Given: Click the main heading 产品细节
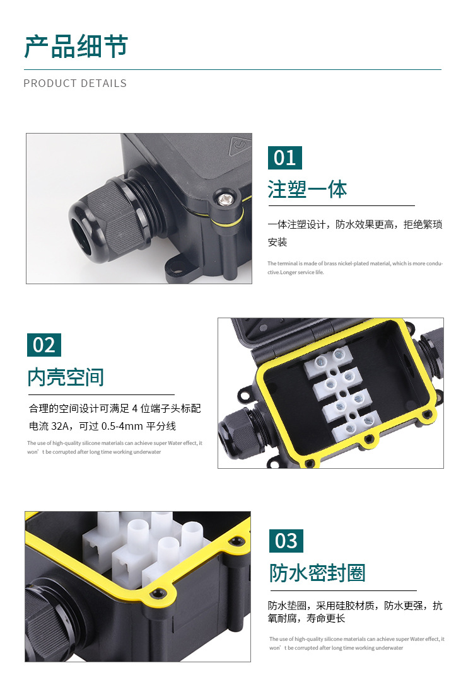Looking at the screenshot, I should point(76,47).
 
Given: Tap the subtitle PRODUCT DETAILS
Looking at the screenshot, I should point(75,83).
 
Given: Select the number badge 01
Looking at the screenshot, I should point(285,158).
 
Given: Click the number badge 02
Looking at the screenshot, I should point(44,345).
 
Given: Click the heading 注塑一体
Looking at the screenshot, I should point(307,189).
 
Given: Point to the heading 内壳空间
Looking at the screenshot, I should point(66,377).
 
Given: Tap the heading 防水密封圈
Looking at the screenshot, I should point(317,573).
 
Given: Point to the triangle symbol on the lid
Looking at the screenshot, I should point(238,147).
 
